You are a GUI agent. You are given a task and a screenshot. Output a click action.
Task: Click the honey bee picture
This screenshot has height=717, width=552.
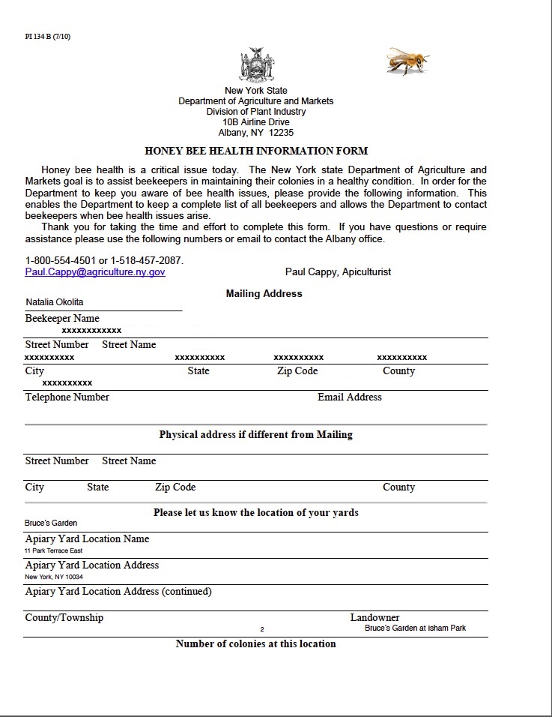407,61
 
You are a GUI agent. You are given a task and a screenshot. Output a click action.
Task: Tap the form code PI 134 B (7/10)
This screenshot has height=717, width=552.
48,36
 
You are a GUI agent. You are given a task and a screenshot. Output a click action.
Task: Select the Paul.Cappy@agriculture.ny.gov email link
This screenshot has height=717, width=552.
95,272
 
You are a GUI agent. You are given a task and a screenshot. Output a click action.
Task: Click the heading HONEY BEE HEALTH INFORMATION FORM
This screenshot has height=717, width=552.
256,151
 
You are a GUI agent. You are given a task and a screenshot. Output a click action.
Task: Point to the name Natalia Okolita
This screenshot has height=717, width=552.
55,302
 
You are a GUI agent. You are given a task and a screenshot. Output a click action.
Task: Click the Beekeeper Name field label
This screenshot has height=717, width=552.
62,319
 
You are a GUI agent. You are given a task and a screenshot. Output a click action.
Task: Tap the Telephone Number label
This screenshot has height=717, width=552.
67,397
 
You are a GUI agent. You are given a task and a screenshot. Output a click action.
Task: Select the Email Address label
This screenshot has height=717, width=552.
350,397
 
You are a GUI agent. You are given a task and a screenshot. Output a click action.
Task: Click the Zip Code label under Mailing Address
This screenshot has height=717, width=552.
297,371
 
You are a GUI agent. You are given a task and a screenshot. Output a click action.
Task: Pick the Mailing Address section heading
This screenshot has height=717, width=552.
264,294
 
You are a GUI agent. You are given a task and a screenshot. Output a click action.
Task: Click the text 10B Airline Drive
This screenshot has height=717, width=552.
256,122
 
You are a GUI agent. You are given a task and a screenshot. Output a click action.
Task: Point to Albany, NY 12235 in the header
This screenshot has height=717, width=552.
256,133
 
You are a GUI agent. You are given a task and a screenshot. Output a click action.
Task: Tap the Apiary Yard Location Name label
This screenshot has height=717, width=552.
87,539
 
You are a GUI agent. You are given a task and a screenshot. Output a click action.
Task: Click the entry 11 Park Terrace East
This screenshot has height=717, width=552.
53,551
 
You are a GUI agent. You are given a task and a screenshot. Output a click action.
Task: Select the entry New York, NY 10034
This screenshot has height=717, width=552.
54,577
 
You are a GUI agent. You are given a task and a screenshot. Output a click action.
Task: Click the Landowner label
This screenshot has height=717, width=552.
374,618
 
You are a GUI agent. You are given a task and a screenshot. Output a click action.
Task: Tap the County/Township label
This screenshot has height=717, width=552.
64,618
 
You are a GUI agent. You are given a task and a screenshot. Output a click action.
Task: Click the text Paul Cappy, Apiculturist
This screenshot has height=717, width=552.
338,271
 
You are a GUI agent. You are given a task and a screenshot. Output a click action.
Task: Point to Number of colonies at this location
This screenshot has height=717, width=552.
256,644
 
